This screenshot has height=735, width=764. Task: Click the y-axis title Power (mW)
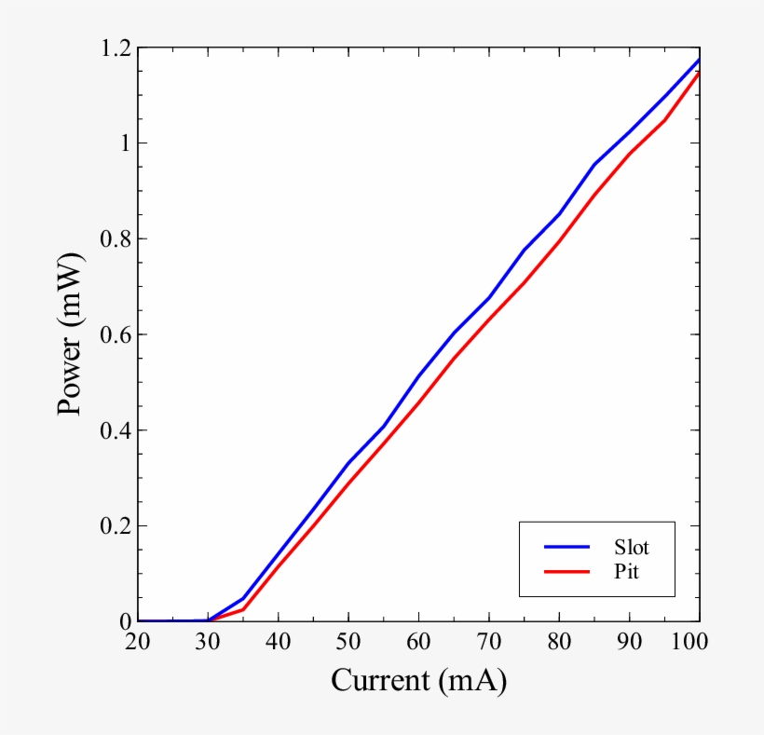point(71,336)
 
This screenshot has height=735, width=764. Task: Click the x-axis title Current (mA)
point(418,680)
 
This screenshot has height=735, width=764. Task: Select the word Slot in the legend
point(631,547)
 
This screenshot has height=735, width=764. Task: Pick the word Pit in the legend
point(626,570)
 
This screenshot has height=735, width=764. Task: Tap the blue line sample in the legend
point(566,547)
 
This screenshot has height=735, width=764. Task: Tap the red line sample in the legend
point(566,570)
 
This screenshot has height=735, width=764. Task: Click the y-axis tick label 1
point(121,143)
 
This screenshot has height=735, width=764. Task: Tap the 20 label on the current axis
point(138,642)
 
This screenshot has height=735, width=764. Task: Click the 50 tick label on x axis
point(348,642)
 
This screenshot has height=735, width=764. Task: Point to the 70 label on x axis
point(489,642)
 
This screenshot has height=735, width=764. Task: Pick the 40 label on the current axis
point(279,642)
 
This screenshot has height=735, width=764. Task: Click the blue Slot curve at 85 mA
point(594,164)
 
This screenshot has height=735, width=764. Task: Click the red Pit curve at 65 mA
point(454,358)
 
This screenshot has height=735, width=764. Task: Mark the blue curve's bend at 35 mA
point(243,598)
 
